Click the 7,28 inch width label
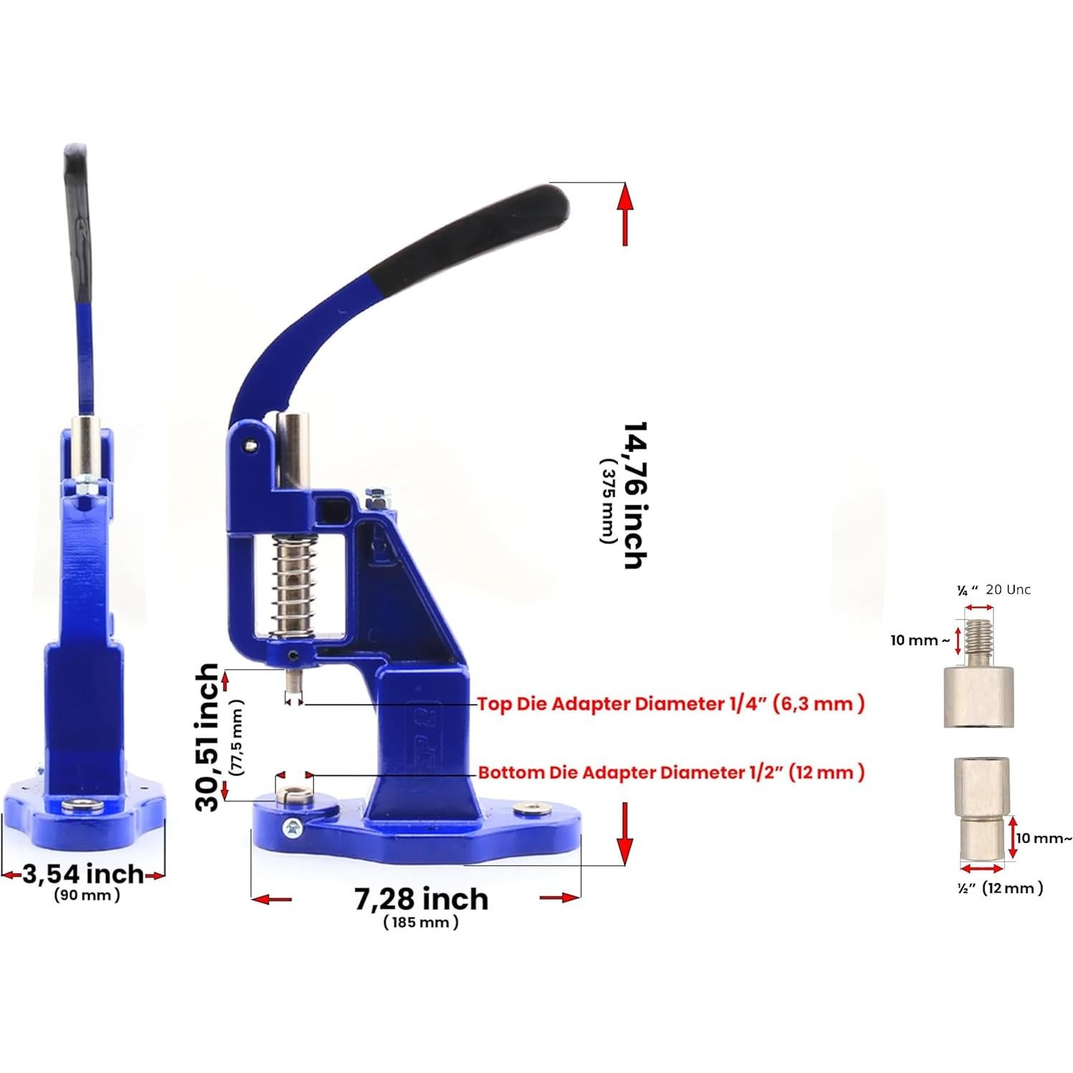click(421, 899)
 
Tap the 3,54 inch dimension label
click(83, 874)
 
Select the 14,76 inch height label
click(634, 495)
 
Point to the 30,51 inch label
click(207, 737)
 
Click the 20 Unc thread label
click(1008, 590)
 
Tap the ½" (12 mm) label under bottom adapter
click(1000, 888)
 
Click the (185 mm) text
click(421, 922)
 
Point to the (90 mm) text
click(87, 895)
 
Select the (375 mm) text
click(608, 501)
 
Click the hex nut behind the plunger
click(376, 496)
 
